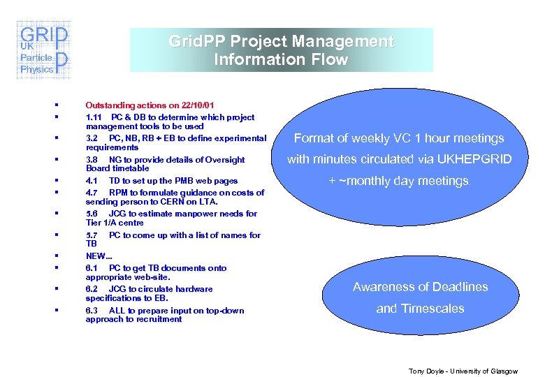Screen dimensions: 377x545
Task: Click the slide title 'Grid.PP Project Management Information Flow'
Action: [281, 50]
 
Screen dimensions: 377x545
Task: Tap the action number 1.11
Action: [95, 117]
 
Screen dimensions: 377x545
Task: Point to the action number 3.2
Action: [92, 138]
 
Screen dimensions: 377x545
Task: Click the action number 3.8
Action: [92, 160]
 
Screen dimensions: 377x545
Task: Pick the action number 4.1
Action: [92, 181]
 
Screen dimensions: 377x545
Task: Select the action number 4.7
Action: [92, 193]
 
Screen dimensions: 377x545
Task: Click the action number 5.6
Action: [92, 214]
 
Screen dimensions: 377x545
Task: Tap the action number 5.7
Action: [92, 235]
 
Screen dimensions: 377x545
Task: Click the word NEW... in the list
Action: [99, 256]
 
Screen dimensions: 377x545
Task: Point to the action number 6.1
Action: [92, 268]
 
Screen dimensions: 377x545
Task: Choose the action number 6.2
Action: [92, 289]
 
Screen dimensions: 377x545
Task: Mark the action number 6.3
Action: [92, 311]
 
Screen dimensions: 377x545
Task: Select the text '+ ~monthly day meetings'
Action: [399, 181]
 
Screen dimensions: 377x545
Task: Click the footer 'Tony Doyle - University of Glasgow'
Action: [463, 371]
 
